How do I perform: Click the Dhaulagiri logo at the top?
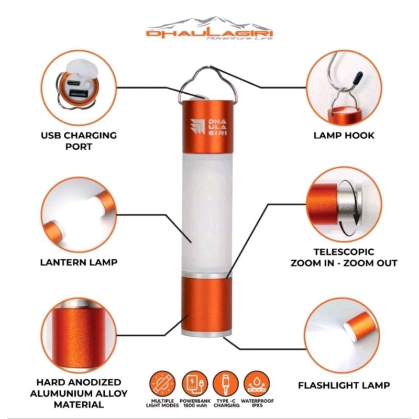210,29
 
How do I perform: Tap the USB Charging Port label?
79,141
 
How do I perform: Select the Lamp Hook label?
344,136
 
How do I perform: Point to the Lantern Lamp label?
79,262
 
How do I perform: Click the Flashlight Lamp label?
344,385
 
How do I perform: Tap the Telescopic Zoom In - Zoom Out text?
344,258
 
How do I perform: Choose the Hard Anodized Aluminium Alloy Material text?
79,393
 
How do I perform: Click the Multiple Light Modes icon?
162,384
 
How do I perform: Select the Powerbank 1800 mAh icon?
194,384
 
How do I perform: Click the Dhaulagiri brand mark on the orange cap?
208,127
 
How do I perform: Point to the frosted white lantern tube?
207,213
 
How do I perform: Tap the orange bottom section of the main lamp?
207,305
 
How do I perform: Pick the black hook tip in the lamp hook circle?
358,78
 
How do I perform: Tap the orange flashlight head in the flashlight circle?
361,326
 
